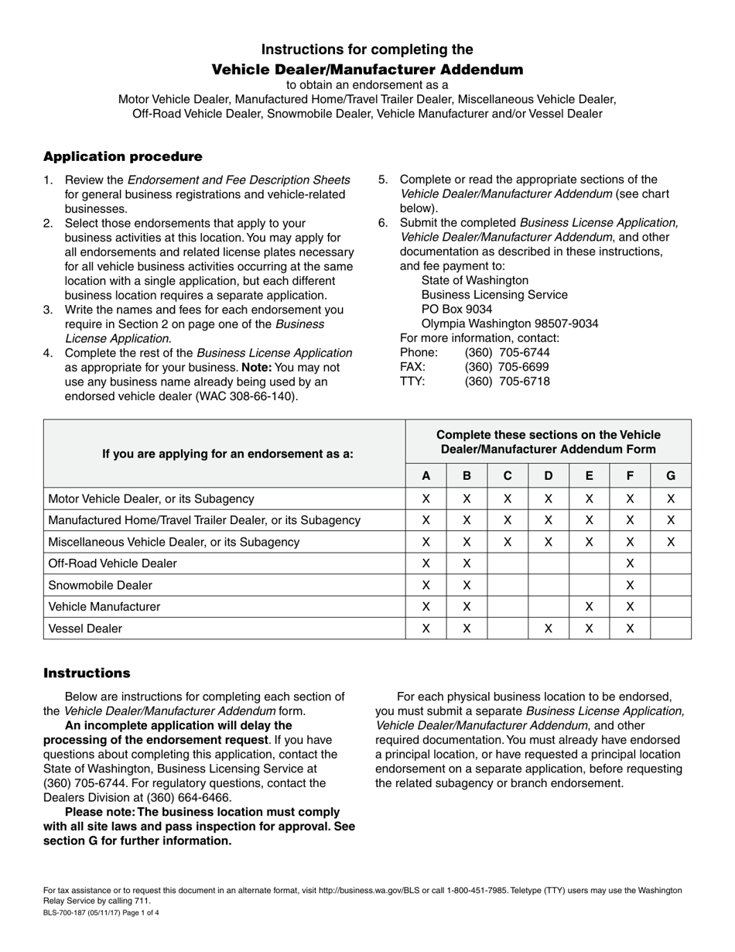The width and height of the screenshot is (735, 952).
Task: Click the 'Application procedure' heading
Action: (x=122, y=157)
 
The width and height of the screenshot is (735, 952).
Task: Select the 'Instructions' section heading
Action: (x=87, y=673)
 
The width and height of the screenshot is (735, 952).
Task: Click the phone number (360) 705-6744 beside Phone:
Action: (x=507, y=352)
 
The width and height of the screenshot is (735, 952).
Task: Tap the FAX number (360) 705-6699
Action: (x=507, y=367)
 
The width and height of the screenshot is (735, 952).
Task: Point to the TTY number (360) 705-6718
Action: (x=507, y=382)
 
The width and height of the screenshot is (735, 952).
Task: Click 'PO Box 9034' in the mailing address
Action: (x=456, y=309)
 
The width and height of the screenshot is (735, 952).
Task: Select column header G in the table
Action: (x=670, y=476)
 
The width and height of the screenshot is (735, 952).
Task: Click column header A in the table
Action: (x=426, y=476)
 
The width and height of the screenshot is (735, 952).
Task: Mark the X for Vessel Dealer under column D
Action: (x=548, y=628)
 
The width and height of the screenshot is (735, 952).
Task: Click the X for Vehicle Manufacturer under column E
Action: (x=589, y=607)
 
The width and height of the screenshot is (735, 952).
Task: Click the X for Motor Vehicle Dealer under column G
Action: (x=670, y=499)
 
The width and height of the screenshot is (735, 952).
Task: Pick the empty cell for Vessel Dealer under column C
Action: (x=507, y=628)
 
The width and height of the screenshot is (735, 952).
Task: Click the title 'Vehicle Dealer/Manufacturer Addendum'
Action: (x=367, y=70)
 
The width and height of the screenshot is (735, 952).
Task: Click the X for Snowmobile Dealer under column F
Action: (x=630, y=585)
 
